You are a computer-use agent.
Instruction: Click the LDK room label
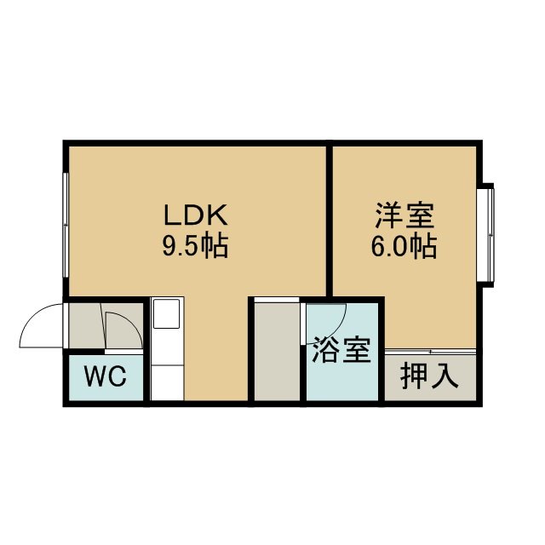(196, 215)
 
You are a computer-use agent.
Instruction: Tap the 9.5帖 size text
(195, 246)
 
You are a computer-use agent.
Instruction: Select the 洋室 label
(404, 215)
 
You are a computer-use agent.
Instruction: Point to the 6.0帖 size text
(404, 246)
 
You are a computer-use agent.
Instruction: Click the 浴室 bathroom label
(342, 350)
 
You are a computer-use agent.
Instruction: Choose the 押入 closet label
(429, 376)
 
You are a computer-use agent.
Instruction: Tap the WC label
(106, 376)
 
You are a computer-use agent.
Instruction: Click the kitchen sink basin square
(167, 314)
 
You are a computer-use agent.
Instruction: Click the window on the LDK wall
(66, 225)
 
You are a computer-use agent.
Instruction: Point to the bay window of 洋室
(487, 235)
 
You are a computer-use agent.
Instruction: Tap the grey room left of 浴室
(277, 351)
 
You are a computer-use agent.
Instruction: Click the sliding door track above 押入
(430, 352)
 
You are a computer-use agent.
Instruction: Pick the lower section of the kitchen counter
(168, 382)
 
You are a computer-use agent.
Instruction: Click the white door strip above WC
(123, 352)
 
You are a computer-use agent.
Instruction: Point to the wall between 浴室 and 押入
(381, 351)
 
